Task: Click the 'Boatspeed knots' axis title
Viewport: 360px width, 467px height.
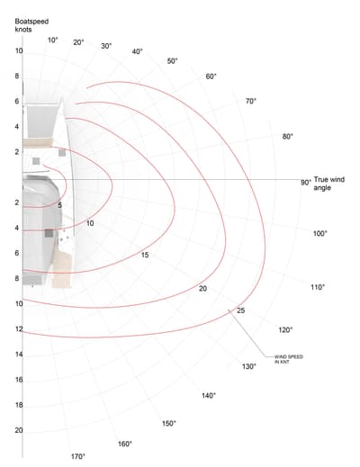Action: click(x=31, y=25)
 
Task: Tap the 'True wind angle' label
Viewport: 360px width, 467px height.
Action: click(x=329, y=184)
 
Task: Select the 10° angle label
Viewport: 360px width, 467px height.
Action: click(x=53, y=40)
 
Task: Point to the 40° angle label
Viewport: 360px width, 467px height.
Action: click(x=137, y=51)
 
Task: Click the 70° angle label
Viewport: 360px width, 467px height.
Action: click(x=251, y=102)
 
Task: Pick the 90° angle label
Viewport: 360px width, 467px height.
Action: click(x=306, y=183)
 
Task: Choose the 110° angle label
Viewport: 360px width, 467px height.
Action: click(x=318, y=287)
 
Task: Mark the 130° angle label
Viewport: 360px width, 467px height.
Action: click(x=249, y=366)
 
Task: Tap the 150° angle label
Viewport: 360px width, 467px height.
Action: click(x=169, y=424)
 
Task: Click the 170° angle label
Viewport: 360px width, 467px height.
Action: click(x=78, y=456)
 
